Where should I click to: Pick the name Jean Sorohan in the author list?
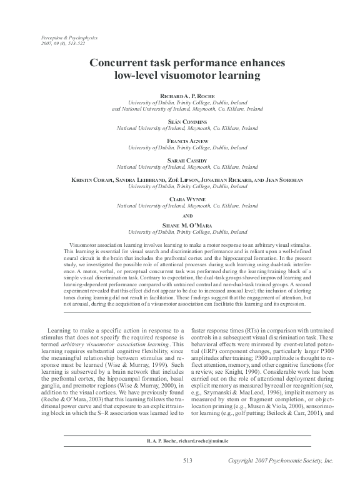[285, 180]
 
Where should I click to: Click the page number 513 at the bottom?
[187, 477]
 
